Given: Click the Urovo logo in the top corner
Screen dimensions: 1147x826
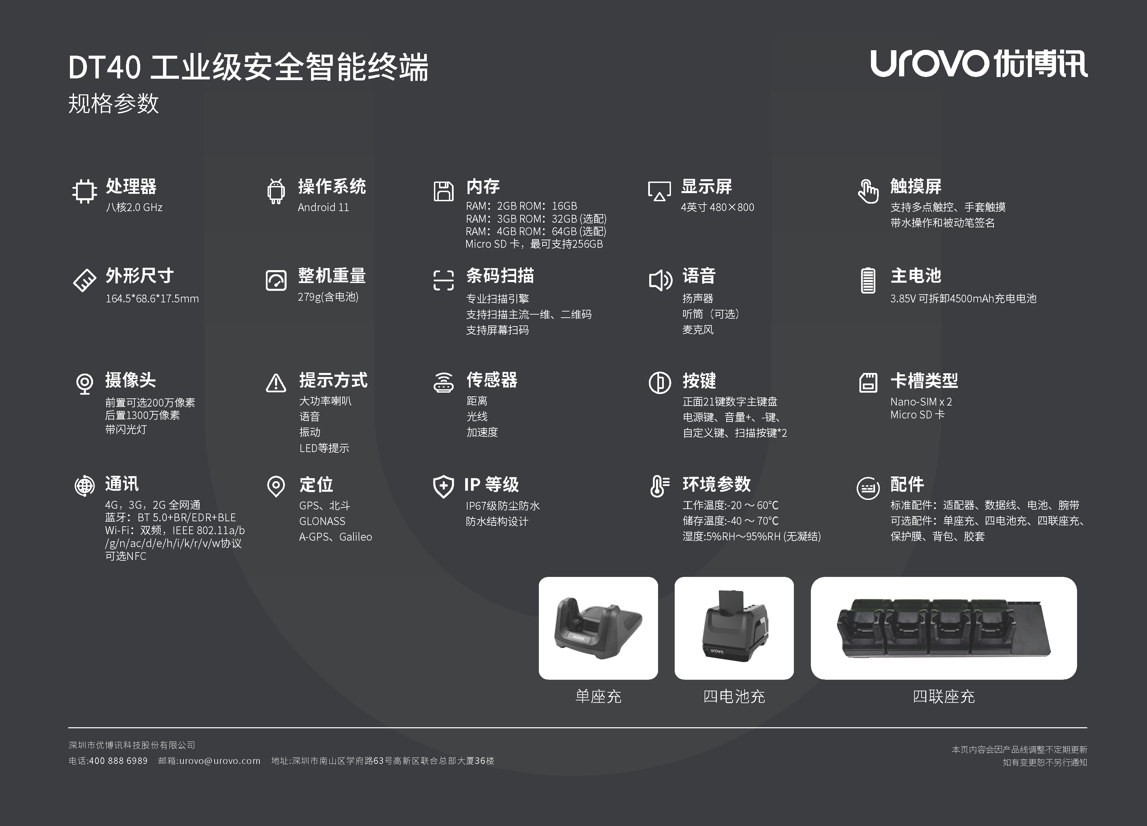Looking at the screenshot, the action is pos(979,64).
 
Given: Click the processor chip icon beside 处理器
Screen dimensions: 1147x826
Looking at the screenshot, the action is pos(85,191).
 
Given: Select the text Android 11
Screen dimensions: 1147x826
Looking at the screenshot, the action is pos(323,207).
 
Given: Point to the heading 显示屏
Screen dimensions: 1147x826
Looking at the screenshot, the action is pos(707,187).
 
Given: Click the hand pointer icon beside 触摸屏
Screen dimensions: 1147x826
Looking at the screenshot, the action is pos(868,191).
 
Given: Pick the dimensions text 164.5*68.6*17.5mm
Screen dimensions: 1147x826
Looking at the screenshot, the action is pos(152,299).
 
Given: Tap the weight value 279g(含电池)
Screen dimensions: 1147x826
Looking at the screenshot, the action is pos(328,297).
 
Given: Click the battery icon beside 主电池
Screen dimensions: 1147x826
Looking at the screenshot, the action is pos(868,280).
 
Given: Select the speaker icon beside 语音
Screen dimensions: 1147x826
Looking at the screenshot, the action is pos(660,280).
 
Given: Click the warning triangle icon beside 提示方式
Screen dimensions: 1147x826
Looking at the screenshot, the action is pos(276,383).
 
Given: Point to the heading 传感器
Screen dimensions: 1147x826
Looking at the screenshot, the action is pos(492,380).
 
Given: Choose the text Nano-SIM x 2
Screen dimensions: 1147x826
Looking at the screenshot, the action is pos(921,402).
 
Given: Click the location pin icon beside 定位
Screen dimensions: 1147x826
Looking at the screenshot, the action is pos(276,486).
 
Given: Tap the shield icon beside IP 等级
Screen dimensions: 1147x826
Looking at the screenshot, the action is pos(443,486).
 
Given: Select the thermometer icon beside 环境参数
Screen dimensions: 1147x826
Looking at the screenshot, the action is pos(659,486).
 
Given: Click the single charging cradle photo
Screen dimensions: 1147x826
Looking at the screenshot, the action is pos(598,628).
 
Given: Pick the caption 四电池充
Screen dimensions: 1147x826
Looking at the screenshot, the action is pos(734,697).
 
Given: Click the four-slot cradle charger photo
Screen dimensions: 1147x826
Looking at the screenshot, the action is pos(944,628).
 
